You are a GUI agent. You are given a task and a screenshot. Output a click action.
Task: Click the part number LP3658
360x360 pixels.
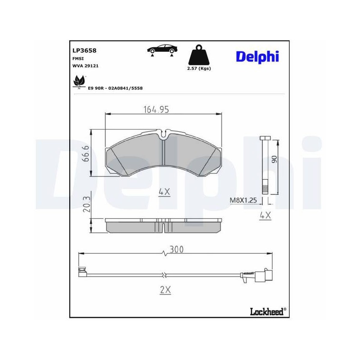pos(84,50)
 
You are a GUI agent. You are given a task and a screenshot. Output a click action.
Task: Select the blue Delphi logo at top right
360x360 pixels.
pos(257,57)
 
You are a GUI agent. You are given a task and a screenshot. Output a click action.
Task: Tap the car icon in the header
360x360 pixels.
pos(162,50)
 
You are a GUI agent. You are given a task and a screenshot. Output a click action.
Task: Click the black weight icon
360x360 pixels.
pos(199,54)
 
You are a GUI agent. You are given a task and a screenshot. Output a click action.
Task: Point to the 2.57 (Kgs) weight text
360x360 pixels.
pos(199,68)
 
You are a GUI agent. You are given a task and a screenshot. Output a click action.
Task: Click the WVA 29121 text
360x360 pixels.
pos(85,66)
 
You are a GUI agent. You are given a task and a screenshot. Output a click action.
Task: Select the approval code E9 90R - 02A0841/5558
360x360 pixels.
pos(115,88)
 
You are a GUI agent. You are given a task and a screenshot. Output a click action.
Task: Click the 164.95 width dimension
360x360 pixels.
pos(156,109)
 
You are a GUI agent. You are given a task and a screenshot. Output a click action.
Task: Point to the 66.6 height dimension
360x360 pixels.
pos(85,153)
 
